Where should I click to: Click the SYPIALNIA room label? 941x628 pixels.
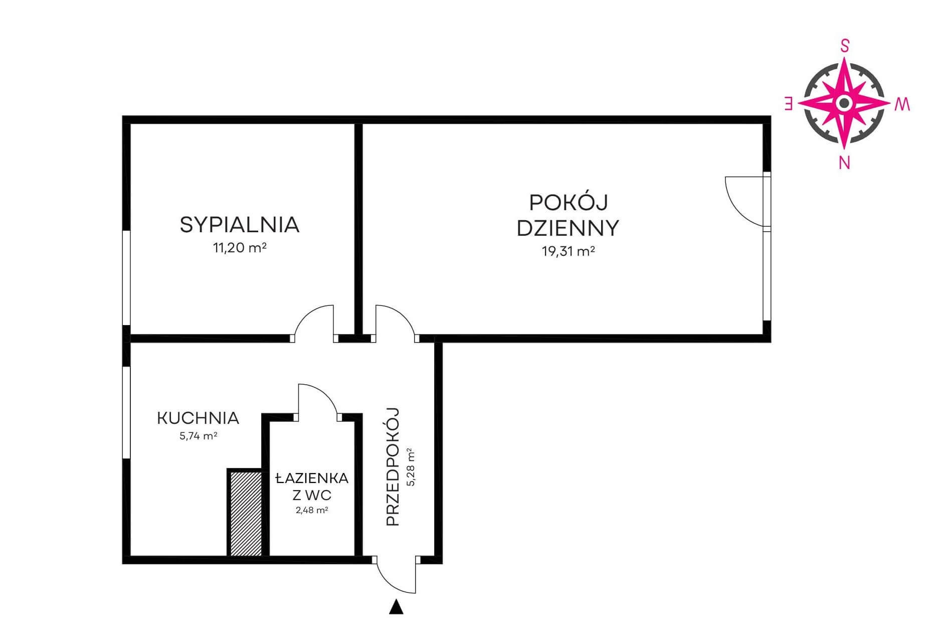[240, 225]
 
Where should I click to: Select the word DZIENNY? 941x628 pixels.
[568, 228]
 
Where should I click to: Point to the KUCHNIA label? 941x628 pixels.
[198, 418]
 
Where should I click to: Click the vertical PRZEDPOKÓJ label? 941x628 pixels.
[393, 466]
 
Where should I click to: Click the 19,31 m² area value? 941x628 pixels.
[569, 251]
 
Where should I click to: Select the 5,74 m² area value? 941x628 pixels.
[198, 436]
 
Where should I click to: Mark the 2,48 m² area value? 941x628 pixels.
[312, 511]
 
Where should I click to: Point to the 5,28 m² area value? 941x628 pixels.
[411, 467]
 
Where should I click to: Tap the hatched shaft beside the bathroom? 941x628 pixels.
[246, 514]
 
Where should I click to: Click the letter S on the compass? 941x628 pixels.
[845, 46]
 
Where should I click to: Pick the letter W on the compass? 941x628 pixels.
[902, 104]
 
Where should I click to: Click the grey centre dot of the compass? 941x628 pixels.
[845, 103]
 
